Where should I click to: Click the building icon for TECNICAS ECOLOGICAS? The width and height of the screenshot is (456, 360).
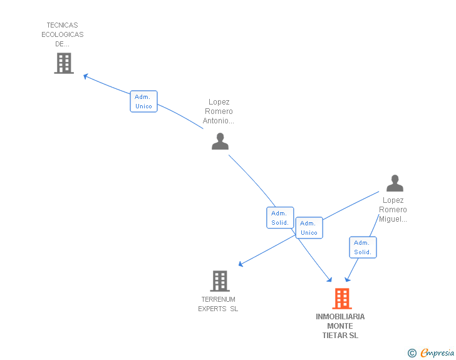pyautogui.click(x=63, y=63)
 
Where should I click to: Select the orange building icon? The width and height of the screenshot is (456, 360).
pyautogui.click(x=341, y=299)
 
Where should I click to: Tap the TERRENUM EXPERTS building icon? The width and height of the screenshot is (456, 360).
pyautogui.click(x=219, y=281)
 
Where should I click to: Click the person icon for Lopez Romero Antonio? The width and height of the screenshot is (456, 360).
pyautogui.click(x=220, y=141)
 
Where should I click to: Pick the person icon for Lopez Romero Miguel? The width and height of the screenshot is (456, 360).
pyautogui.click(x=395, y=183)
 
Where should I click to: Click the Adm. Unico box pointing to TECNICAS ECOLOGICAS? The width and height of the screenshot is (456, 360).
pyautogui.click(x=143, y=101)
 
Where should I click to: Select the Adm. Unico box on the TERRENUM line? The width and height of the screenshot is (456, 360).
pyautogui.click(x=309, y=228)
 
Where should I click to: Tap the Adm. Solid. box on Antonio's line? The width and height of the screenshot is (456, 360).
pyautogui.click(x=280, y=218)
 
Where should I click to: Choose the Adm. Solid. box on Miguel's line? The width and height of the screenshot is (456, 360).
pyautogui.click(x=363, y=247)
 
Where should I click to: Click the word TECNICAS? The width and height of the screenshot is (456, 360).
pyautogui.click(x=63, y=26)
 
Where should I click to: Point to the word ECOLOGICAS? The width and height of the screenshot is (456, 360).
pyautogui.click(x=63, y=34)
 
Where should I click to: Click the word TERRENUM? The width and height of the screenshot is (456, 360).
pyautogui.click(x=218, y=299)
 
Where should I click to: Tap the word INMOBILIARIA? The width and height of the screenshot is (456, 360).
pyautogui.click(x=340, y=317)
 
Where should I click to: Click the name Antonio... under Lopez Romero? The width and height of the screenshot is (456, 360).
pyautogui.click(x=219, y=121)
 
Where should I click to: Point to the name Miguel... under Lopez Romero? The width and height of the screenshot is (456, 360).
pyautogui.click(x=393, y=219)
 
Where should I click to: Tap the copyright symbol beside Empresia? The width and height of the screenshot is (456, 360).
pyautogui.click(x=412, y=354)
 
